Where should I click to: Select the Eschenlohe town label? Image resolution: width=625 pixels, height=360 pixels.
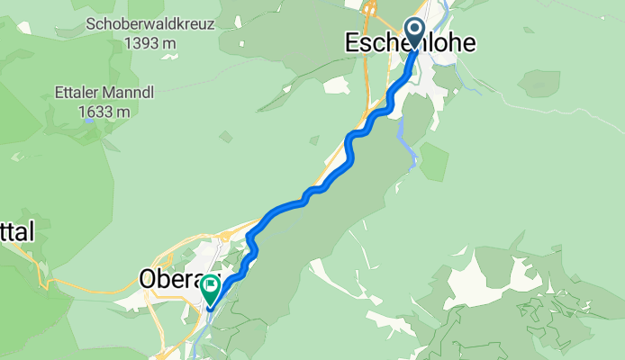tap(411, 43)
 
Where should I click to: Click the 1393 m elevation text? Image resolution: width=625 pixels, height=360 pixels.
tap(150, 42)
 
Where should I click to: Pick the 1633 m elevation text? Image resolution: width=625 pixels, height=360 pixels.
tap(105, 112)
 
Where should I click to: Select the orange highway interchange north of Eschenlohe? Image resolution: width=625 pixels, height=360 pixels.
tap(370, 11)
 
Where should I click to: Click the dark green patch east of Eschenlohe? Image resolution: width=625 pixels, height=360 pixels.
tap(435, 160)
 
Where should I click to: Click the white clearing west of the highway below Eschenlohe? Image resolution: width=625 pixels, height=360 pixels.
tap(337, 85)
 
